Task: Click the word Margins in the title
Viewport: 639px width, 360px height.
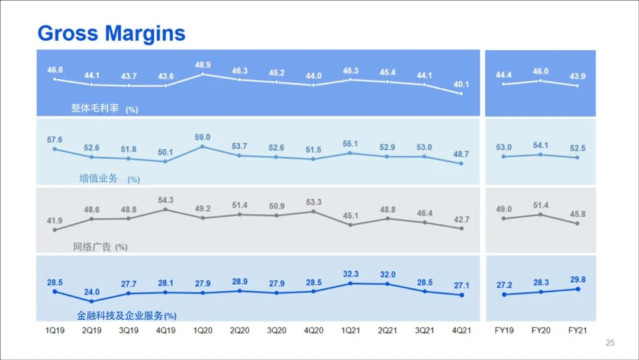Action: click(147, 33)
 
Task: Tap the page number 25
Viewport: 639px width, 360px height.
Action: click(610, 343)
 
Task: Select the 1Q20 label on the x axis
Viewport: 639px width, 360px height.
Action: click(202, 330)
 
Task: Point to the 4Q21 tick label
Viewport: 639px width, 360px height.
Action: click(461, 330)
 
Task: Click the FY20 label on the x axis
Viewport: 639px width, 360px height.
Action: click(540, 330)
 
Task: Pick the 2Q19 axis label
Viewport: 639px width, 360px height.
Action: click(91, 330)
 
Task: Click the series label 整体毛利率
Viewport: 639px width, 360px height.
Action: click(95, 108)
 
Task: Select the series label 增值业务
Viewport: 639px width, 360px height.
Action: click(98, 178)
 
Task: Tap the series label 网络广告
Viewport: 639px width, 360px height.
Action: click(92, 247)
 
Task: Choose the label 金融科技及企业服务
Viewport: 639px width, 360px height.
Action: click(120, 316)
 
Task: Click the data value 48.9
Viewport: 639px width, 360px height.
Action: click(202, 63)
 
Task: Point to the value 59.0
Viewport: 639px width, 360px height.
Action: click(202, 137)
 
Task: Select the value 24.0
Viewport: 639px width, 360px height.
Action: click(92, 292)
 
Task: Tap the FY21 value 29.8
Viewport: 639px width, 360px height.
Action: click(577, 279)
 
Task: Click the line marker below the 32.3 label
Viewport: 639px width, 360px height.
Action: click(350, 284)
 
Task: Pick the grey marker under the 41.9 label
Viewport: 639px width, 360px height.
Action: click(54, 230)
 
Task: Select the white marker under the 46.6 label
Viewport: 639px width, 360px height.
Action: click(54, 79)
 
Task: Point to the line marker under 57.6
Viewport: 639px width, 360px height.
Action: click(54, 149)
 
